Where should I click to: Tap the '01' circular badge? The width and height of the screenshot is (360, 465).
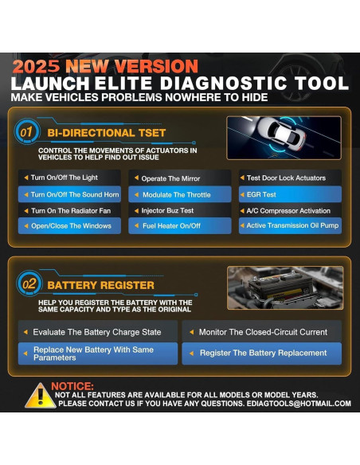[26, 131]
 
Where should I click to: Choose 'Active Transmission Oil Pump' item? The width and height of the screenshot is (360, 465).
[290, 226]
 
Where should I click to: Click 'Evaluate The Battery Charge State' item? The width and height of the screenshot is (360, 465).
[97, 331]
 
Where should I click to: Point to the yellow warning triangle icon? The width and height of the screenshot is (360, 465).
[40, 396]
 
